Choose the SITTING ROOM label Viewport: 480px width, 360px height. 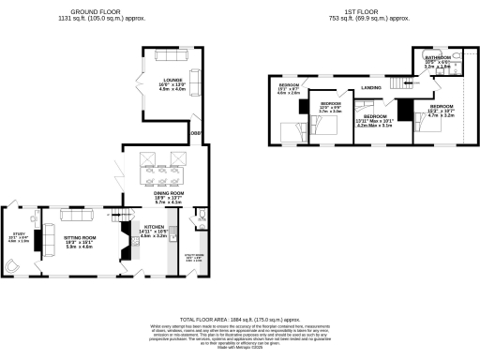point(79,239)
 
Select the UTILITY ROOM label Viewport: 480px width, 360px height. point(194,253)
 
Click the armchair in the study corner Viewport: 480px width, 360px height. point(11,265)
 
